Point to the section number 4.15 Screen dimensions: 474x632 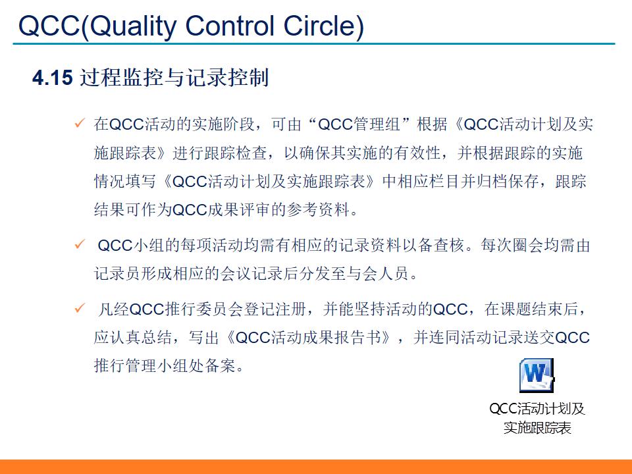point(51,78)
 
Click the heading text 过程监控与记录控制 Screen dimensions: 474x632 point(174,78)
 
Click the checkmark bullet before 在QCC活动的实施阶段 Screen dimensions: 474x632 point(80,123)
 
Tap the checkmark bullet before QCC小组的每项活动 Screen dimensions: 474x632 point(80,245)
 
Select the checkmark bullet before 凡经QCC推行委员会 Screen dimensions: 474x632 point(80,308)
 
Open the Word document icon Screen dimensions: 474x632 point(537,375)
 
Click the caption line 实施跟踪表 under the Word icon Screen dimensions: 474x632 point(537,428)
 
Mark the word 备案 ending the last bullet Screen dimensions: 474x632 point(220,366)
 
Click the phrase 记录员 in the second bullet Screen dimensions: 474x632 point(116,274)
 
